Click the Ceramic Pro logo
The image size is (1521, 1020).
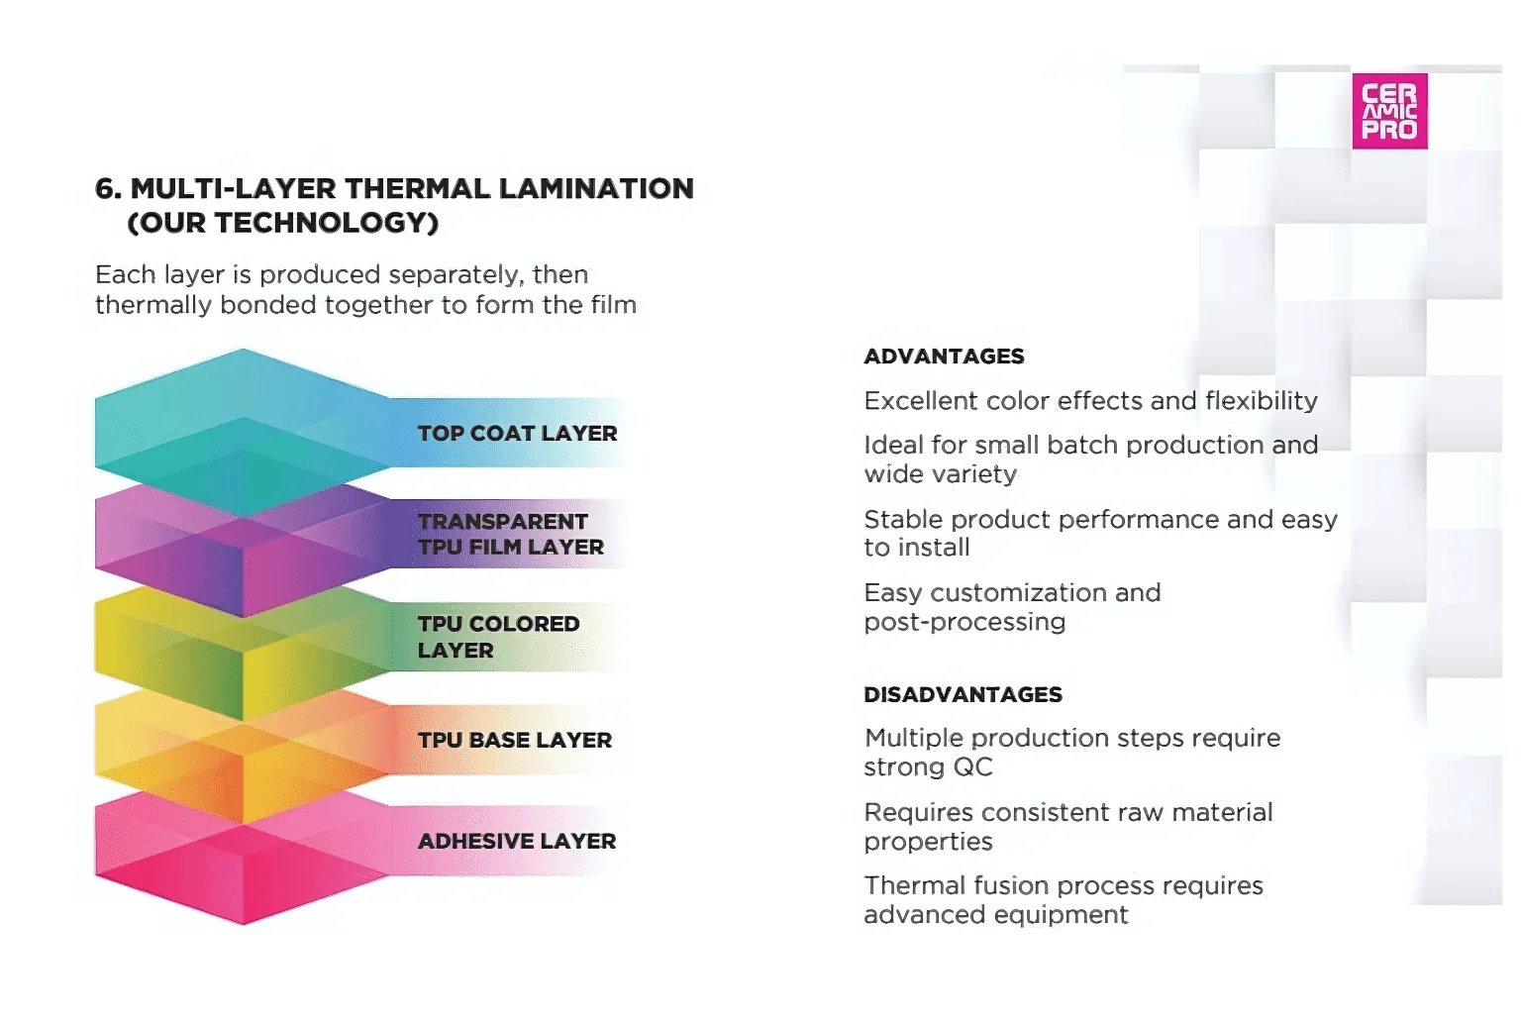tap(1389, 111)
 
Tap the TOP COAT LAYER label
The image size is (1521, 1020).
tap(518, 434)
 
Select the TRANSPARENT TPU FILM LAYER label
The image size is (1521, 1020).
tap(511, 534)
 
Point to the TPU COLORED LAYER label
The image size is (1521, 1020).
tap(498, 637)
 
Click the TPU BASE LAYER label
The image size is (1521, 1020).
tap(515, 740)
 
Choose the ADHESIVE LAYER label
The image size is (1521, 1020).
tap(517, 841)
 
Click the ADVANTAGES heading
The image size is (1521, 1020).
tap(944, 356)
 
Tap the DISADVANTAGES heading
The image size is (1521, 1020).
tap(963, 694)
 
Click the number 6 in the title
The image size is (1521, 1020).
tap(106, 188)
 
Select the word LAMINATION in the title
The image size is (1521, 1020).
tap(596, 188)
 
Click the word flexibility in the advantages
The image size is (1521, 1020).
tap(1262, 401)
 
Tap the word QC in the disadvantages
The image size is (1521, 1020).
tap(973, 766)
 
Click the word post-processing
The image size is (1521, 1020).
tap(964, 622)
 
